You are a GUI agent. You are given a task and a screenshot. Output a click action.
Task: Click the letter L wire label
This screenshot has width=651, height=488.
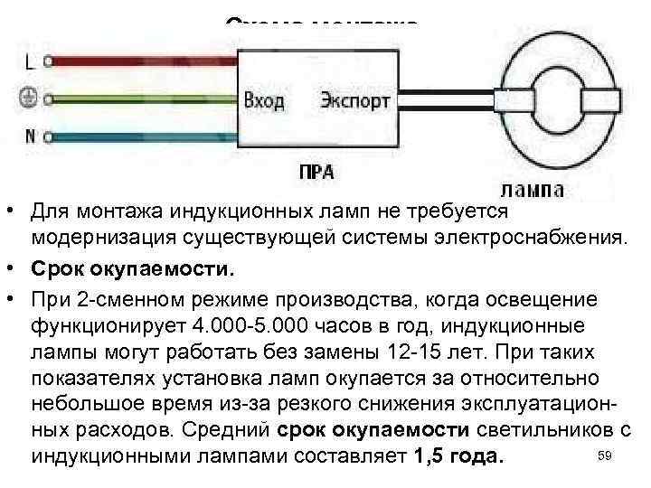click(30, 62)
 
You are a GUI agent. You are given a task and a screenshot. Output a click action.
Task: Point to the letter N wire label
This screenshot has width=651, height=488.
click(30, 137)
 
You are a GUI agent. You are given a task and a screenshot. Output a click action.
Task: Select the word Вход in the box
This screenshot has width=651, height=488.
click(264, 99)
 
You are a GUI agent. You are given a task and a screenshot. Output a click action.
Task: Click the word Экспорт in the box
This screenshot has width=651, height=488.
click(354, 99)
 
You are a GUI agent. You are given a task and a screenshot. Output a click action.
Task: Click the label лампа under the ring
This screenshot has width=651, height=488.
click(533, 190)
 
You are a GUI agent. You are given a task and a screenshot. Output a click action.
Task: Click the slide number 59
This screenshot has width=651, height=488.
click(606, 457)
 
